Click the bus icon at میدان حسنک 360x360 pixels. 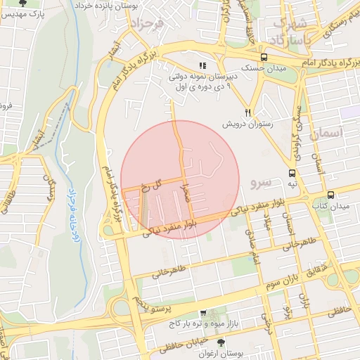click(264, 58)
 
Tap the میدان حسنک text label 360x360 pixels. click(266, 69)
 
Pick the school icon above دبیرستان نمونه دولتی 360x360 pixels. click(202, 65)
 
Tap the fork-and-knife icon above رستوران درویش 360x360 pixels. click(247, 112)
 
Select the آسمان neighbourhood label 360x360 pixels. click(328, 132)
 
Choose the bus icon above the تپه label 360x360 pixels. click(291, 172)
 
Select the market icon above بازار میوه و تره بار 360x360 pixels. click(203, 314)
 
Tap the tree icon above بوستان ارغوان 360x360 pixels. click(222, 342)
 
